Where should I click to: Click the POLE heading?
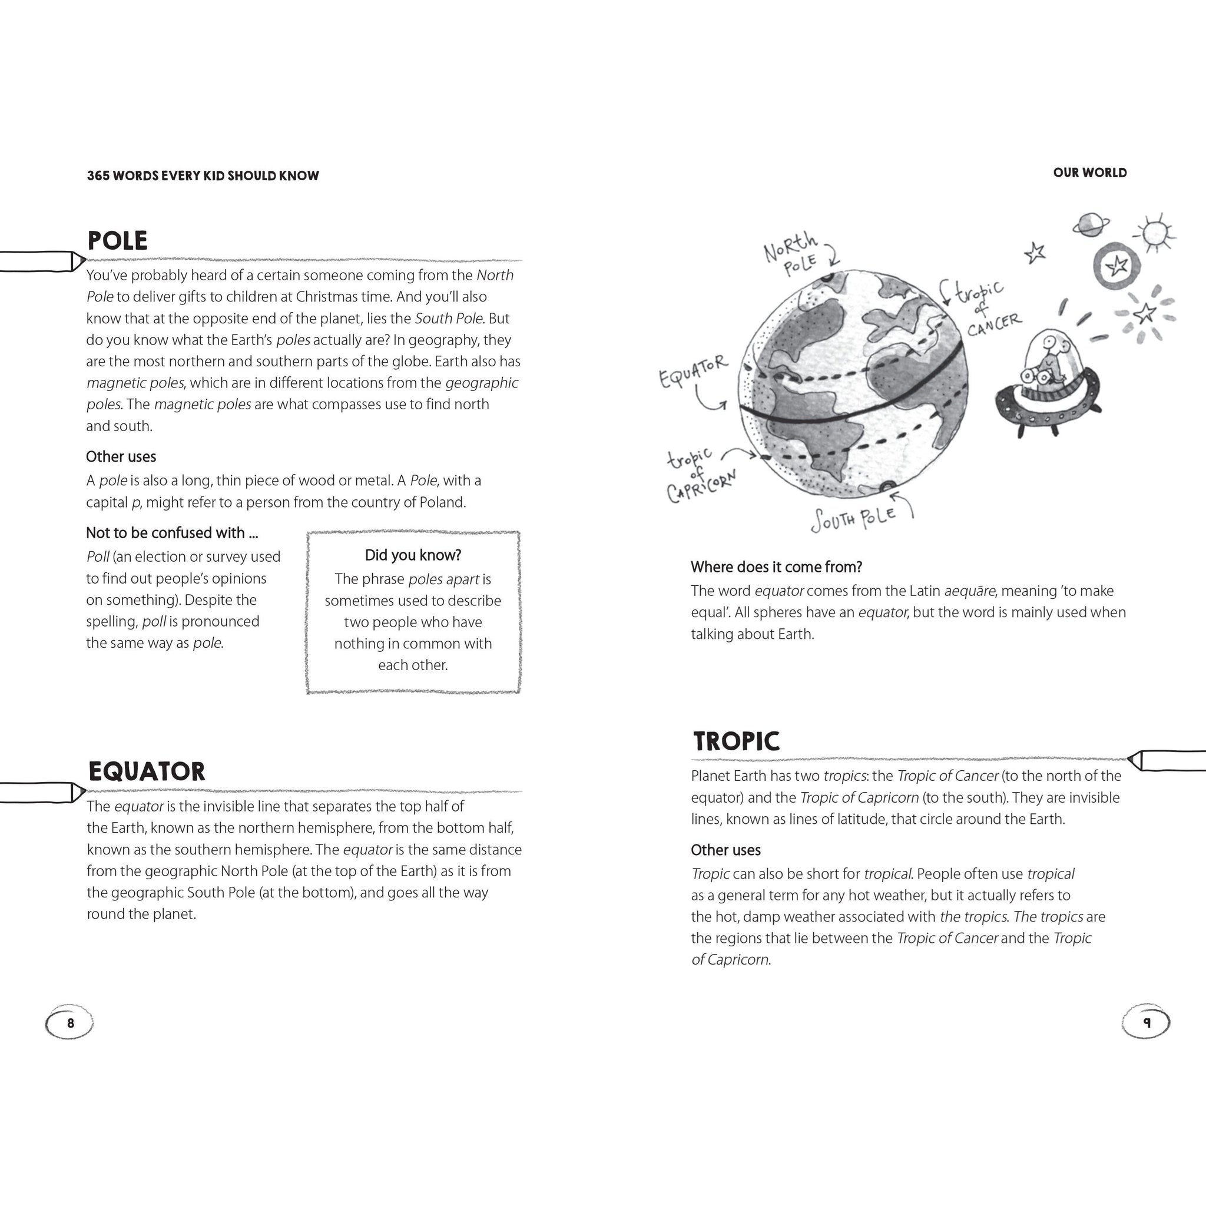pyautogui.click(x=117, y=241)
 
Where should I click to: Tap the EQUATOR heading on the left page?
pyautogui.click(x=147, y=771)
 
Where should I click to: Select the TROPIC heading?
pyautogui.click(x=737, y=741)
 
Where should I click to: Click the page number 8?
pyautogui.click(x=70, y=1023)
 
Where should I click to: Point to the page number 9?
pyautogui.click(x=1146, y=1022)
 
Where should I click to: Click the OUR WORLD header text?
pyautogui.click(x=1089, y=173)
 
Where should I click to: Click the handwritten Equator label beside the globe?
pyautogui.click(x=694, y=371)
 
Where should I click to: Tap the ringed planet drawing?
pyautogui.click(x=1091, y=225)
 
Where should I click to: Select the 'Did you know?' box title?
pyautogui.click(x=413, y=555)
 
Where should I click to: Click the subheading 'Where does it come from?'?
pyautogui.click(x=776, y=567)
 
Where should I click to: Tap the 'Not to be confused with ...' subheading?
pyautogui.click(x=172, y=532)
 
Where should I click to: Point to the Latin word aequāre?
pyautogui.click(x=969, y=591)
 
